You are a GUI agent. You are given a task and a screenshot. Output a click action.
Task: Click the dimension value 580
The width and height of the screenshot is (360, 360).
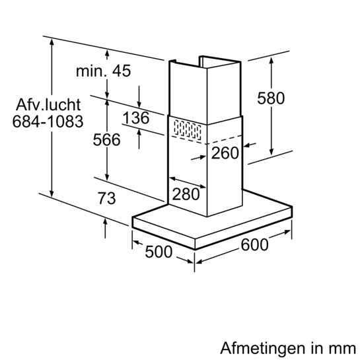pyautogui.click(x=271, y=98)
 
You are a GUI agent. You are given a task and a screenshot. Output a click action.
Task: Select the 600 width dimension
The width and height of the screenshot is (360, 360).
pyautogui.click(x=254, y=245)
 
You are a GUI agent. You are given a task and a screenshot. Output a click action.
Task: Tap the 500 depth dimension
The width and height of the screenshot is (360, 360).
pyautogui.click(x=159, y=252)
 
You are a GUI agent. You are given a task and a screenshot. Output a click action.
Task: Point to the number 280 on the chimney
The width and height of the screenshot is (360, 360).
pyautogui.click(x=186, y=194)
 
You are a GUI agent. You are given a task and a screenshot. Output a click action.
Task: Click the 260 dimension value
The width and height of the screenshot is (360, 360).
pyautogui.click(x=225, y=153)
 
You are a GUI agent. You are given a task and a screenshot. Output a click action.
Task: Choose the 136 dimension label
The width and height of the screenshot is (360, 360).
pyautogui.click(x=136, y=118)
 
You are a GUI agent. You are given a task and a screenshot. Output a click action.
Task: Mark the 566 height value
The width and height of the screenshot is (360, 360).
pyautogui.click(x=106, y=139)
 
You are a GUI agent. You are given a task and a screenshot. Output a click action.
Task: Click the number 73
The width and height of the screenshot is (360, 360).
pyautogui.click(x=107, y=198)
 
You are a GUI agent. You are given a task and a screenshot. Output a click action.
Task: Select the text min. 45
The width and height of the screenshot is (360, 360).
pyautogui.click(x=103, y=71)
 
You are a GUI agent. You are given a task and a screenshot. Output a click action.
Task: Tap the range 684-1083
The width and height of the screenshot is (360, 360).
pyautogui.click(x=48, y=122)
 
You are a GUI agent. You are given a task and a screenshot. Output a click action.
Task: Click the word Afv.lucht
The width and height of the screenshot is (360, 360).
pyautogui.click(x=48, y=105)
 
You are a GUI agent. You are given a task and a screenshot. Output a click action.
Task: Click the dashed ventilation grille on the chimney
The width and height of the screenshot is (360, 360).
pyautogui.click(x=188, y=130)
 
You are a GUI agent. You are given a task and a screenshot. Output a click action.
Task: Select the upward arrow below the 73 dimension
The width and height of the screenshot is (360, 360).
pyautogui.click(x=105, y=229)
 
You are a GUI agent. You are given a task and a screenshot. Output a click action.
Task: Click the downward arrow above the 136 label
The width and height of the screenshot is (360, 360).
pyautogui.click(x=139, y=97)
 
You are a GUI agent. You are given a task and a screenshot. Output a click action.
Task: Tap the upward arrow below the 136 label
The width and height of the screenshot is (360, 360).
pyautogui.click(x=139, y=139)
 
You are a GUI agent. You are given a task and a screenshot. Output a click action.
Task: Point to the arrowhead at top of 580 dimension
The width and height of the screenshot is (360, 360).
pyautogui.click(x=271, y=61)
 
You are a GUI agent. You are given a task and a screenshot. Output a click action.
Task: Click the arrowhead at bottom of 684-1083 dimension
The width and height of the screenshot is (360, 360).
pyautogui.click(x=52, y=194)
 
